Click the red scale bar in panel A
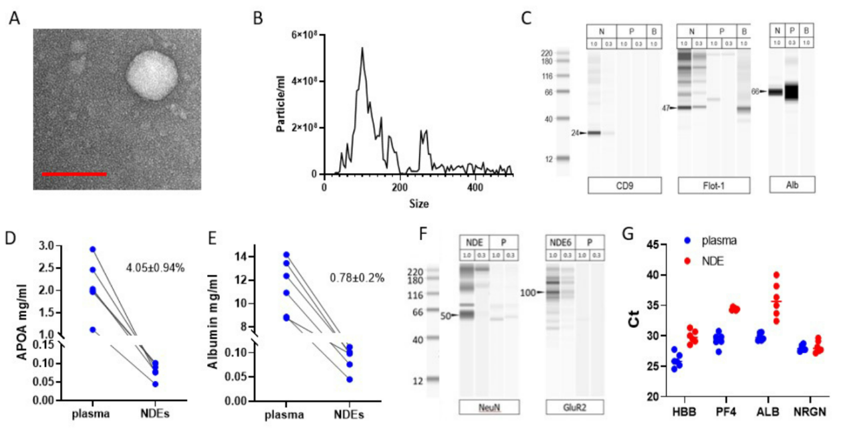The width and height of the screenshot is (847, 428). [74, 174]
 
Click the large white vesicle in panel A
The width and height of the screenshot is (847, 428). [152, 76]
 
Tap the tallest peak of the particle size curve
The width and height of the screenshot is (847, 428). [362, 48]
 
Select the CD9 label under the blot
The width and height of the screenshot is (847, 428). [625, 185]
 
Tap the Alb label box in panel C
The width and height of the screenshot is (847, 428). [792, 185]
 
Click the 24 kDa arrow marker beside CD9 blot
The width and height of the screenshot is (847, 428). [579, 133]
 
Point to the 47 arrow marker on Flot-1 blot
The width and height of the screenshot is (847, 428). [670, 108]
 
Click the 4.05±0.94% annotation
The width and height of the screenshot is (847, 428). [155, 268]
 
